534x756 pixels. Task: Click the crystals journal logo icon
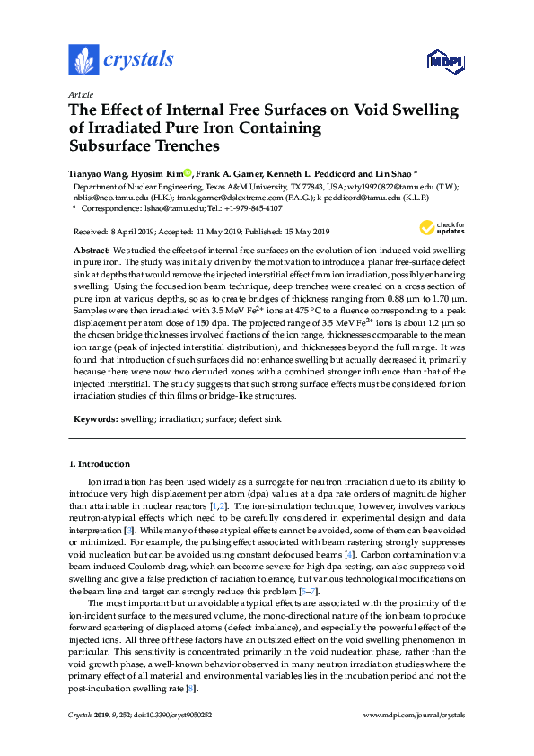[x=83, y=59]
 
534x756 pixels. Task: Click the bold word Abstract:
[x=92, y=249]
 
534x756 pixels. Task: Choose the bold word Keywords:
[x=95, y=418]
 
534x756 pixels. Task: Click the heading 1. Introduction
[x=100, y=464]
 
